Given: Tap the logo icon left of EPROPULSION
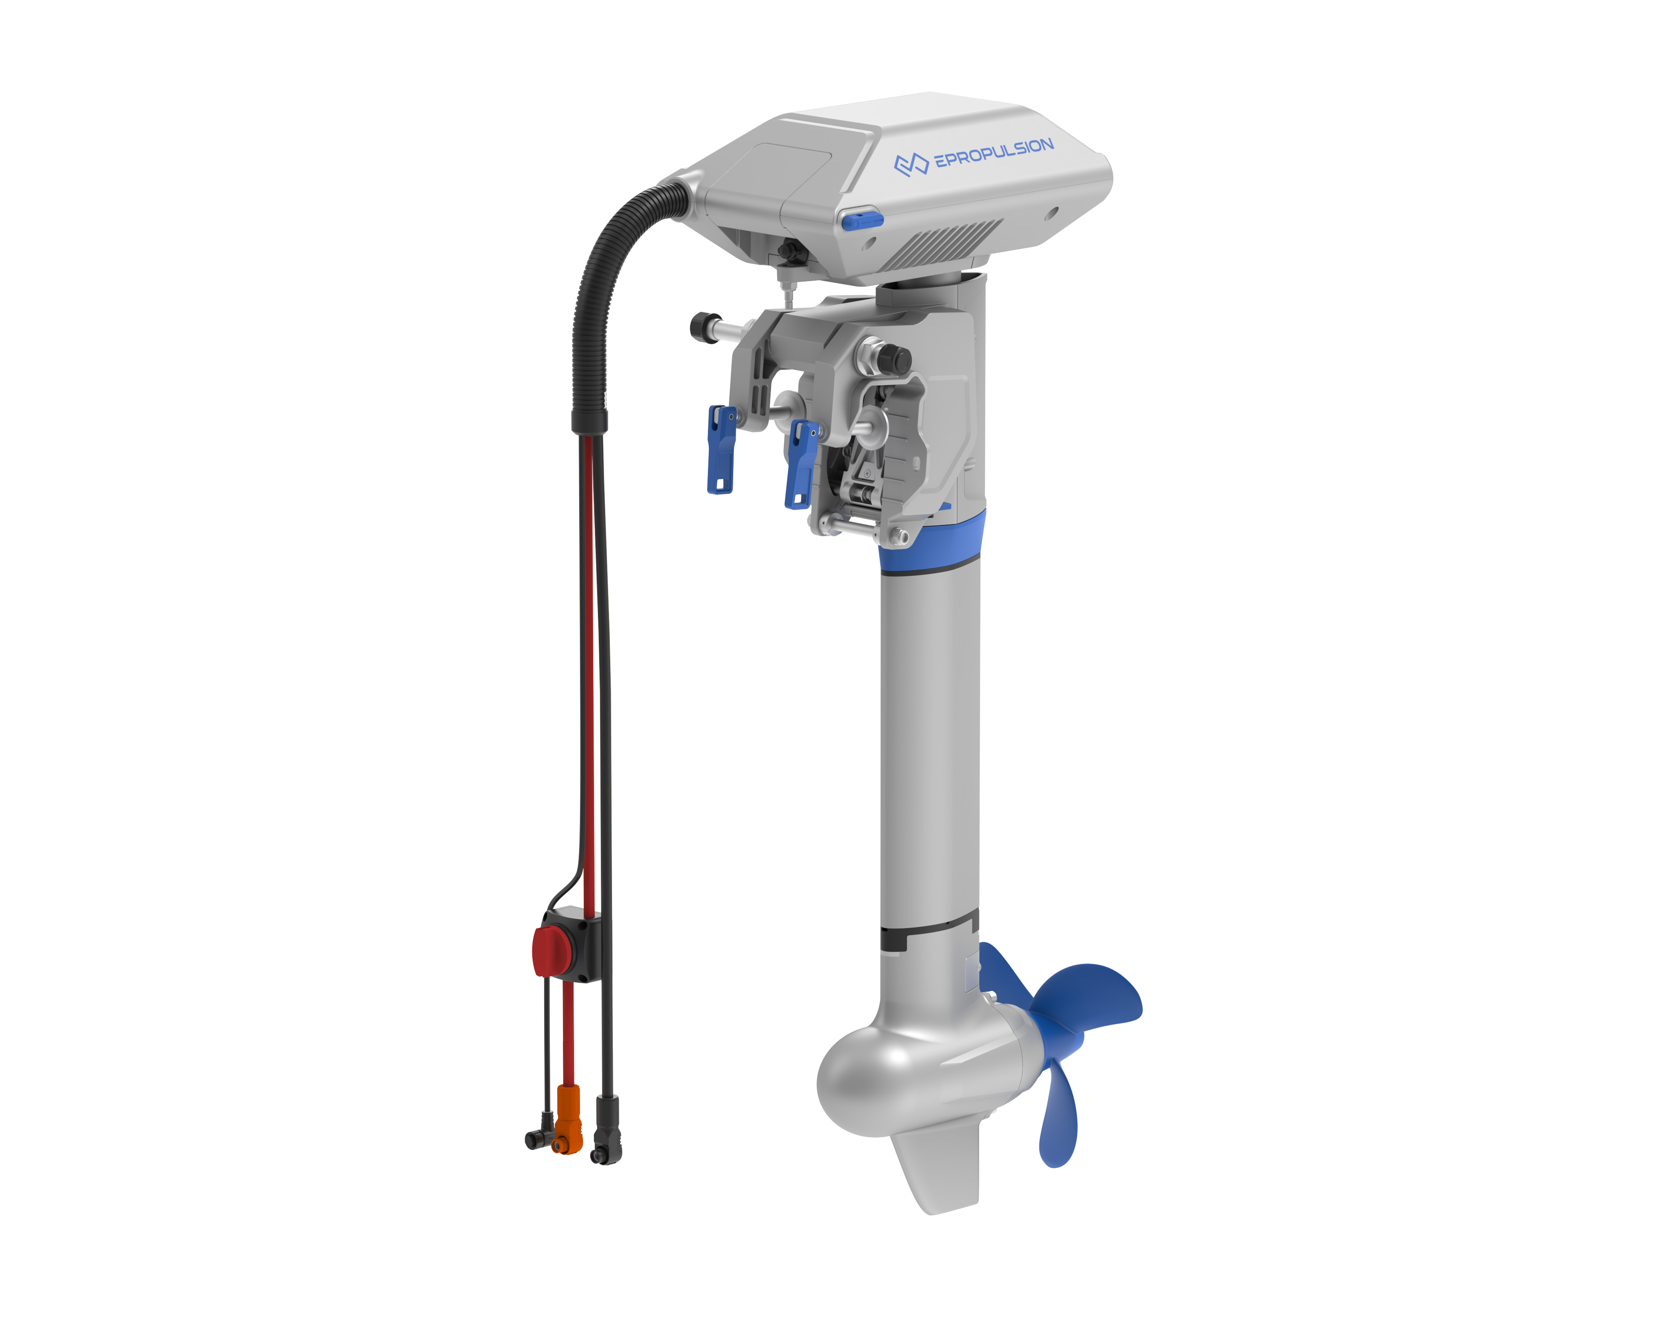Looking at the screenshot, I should click(911, 164).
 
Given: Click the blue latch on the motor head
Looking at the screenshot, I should click(861, 221).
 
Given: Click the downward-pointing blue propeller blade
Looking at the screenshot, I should click(1059, 1114).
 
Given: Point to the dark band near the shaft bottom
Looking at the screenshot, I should click(927, 935).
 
